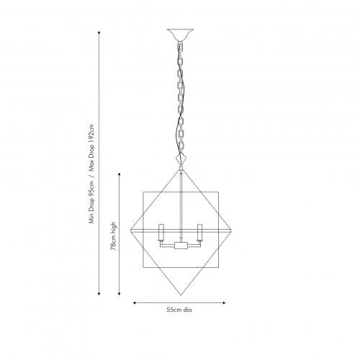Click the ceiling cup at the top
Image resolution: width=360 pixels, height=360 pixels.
click(180, 35)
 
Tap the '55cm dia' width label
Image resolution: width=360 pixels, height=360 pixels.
click(179, 310)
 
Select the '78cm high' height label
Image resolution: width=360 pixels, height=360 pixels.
click(113, 236)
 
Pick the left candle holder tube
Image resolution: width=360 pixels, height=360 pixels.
click(161, 233)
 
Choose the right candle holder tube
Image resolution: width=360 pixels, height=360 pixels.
click(199, 233)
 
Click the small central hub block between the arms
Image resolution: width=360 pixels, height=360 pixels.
click(181, 246)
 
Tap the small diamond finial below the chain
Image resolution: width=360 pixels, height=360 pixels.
click(181, 158)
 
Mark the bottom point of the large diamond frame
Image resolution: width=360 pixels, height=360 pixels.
click(181, 295)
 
